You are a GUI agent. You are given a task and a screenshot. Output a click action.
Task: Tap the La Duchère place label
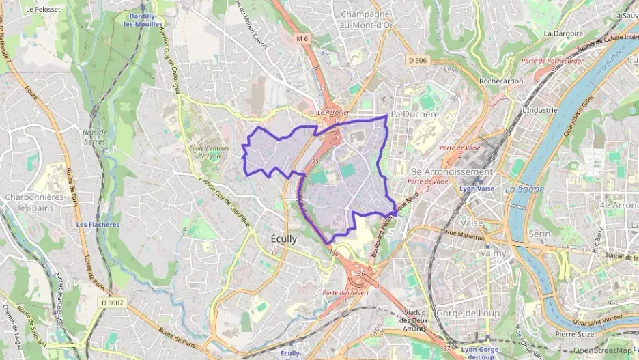click(414, 114)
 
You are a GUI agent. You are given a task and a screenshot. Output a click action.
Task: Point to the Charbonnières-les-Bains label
click(33, 202)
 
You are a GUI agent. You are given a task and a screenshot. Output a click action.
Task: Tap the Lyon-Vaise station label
click(477, 188)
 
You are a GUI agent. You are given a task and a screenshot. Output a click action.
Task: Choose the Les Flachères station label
click(98, 224)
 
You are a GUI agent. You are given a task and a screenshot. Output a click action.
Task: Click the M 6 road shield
click(303, 39)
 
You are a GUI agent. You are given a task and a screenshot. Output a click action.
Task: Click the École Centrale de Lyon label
click(204, 151)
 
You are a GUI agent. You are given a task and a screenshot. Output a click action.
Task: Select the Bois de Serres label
click(94, 137)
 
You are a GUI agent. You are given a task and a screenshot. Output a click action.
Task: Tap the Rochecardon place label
click(501, 81)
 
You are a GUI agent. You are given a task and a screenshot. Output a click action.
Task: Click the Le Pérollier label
click(334, 111)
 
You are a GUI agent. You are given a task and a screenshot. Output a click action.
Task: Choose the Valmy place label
click(494, 253)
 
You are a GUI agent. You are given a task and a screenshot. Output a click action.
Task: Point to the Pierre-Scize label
click(574, 335)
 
